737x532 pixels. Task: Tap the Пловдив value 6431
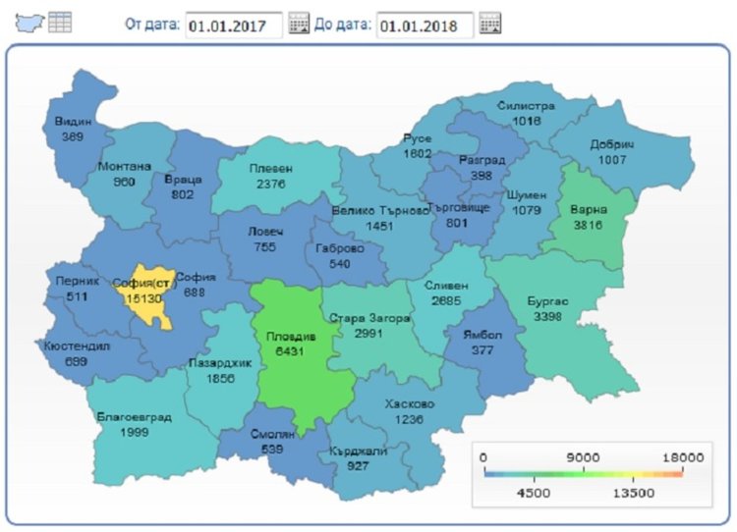(x=290, y=350)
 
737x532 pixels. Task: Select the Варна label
(x=589, y=209)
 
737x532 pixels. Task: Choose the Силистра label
(x=526, y=105)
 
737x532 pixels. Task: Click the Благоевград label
(x=135, y=417)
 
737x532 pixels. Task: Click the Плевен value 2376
(x=269, y=184)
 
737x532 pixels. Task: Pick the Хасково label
(x=410, y=403)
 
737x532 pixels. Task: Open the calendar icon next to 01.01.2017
(x=299, y=25)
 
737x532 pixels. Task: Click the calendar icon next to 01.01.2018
(x=489, y=25)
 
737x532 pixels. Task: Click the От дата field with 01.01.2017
(x=233, y=25)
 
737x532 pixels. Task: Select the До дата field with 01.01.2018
(x=424, y=25)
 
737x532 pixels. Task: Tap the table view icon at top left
(x=60, y=23)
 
